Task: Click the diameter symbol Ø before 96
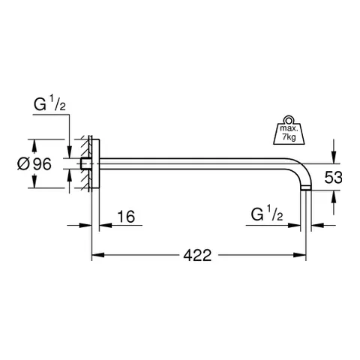tap(22, 163)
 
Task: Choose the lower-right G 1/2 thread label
tap(266, 217)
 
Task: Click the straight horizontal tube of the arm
tap(195, 160)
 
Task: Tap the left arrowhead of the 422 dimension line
tap(97, 255)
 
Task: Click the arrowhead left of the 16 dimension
tap(86, 224)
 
